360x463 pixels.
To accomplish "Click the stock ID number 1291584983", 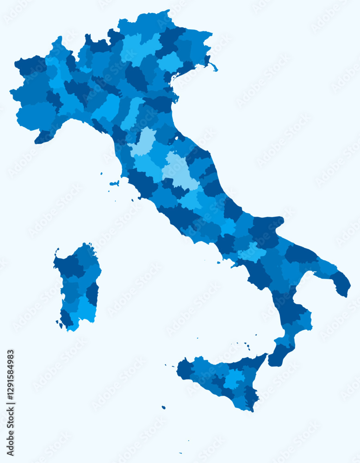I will point(11,402).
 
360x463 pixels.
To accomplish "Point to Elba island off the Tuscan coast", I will point(114,183).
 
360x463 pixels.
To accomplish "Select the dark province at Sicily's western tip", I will point(186,369).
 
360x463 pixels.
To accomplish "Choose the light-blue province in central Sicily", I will point(234,378).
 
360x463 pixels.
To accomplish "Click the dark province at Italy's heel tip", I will point(341,283).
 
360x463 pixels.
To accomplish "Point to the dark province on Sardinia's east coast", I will point(93,293).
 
